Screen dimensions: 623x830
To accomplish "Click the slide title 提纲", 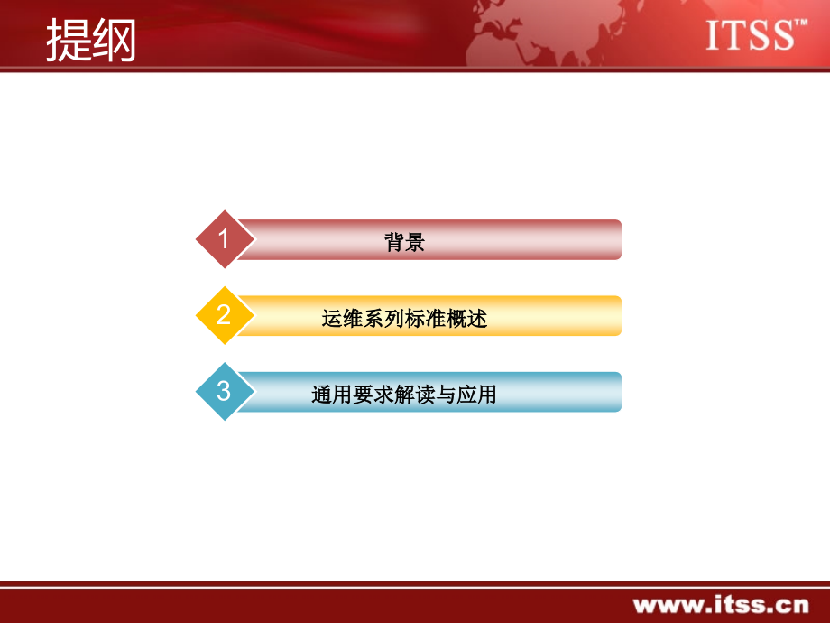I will pyautogui.click(x=90, y=41).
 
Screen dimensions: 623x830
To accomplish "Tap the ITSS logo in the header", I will pyautogui.click(x=750, y=36).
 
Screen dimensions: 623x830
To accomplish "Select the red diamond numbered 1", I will pyautogui.click(x=224, y=239).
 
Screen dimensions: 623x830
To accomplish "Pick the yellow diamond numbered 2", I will pyautogui.click(x=224, y=315).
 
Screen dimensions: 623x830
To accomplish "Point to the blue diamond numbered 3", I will pyautogui.click(x=224, y=392).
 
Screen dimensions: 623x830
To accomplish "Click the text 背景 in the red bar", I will pyautogui.click(x=404, y=242).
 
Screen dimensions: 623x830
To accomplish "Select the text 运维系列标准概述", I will pyautogui.click(x=404, y=319).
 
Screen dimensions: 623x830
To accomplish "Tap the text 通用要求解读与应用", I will pyautogui.click(x=404, y=395).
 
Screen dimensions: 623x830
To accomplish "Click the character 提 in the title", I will pyautogui.click(x=68, y=41).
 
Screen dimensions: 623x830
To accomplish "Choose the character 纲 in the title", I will pyautogui.click(x=114, y=41).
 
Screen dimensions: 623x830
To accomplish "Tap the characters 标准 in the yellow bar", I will pyautogui.click(x=425, y=319).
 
